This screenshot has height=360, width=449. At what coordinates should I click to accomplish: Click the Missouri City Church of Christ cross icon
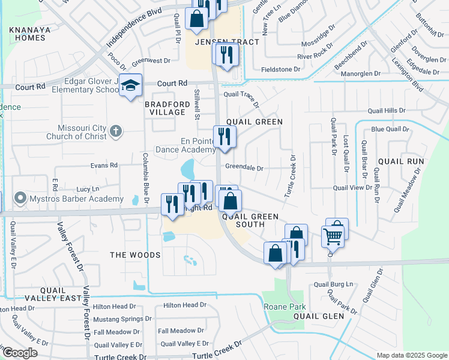pyautogui.click(x=116, y=131)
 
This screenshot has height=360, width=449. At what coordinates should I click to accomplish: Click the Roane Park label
pyautogui.click(x=280, y=307)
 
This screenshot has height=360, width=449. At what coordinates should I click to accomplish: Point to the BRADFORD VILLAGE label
pyautogui.click(x=166, y=108)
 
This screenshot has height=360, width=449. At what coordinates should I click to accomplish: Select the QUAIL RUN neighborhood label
pyautogui.click(x=401, y=161)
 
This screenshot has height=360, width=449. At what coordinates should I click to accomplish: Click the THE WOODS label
pyautogui.click(x=135, y=255)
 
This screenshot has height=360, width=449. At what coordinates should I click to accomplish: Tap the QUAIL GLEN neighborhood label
pyautogui.click(x=318, y=316)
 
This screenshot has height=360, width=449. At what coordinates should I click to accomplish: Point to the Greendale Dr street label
pyautogui.click(x=244, y=168)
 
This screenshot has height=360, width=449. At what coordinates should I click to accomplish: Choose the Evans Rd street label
pyautogui.click(x=104, y=165)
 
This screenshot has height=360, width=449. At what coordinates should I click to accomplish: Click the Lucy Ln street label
pyautogui.click(x=88, y=188)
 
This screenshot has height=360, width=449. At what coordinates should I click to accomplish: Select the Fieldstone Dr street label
pyautogui.click(x=280, y=70)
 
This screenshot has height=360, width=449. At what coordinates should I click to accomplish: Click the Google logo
pyautogui.click(x=20, y=353)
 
